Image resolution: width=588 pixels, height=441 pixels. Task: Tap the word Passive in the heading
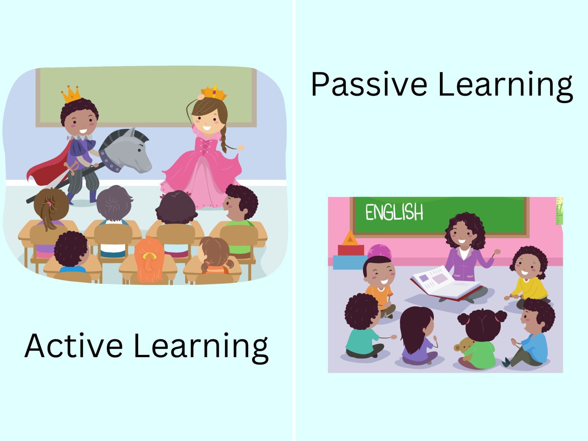[x=369, y=84]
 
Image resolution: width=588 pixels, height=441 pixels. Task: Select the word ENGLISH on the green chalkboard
[x=394, y=212]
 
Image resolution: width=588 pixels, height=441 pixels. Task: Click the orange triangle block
[x=349, y=238]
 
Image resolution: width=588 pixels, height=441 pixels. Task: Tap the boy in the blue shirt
[x=534, y=333]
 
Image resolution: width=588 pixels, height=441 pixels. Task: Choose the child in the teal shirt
[x=362, y=329]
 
